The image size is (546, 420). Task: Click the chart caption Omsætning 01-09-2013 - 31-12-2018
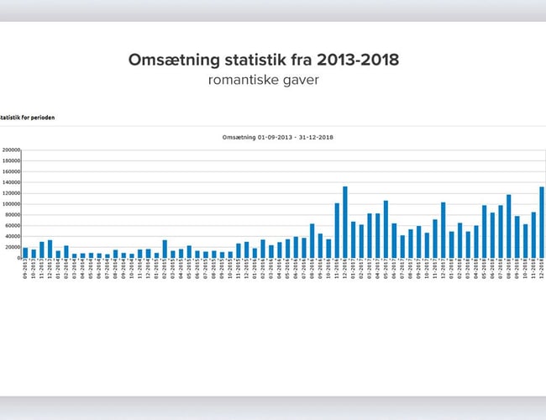(x=277, y=137)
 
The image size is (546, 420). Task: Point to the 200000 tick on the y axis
(x=11, y=150)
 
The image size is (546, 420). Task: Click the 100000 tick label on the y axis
(x=11, y=204)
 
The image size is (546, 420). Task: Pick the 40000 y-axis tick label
(x=12, y=236)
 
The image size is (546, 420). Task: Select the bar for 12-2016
(x=344, y=222)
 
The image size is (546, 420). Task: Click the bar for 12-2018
(x=541, y=222)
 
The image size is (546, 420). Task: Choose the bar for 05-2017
(x=386, y=228)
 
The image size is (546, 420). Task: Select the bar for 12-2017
(x=443, y=229)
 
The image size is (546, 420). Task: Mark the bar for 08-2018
(x=508, y=226)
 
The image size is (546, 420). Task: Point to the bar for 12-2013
(x=50, y=249)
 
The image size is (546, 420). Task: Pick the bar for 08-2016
(x=312, y=240)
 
